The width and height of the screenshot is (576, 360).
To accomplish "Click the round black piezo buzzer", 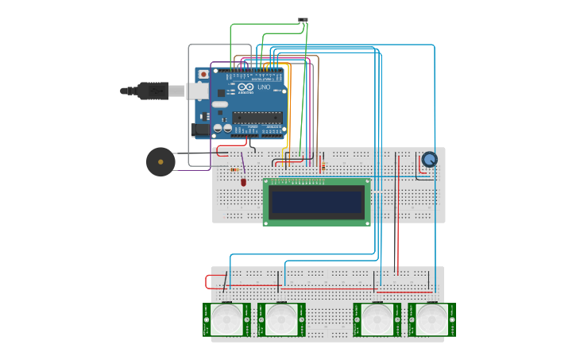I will pyautogui.click(x=160, y=162).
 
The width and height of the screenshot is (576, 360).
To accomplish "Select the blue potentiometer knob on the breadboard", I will pyautogui.click(x=429, y=160).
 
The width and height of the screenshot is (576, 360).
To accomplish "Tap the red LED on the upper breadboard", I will pyautogui.click(x=244, y=182).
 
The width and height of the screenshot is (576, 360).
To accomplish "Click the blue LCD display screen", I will pyautogui.click(x=316, y=202).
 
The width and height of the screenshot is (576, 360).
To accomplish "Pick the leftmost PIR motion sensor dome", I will pyautogui.click(x=226, y=320).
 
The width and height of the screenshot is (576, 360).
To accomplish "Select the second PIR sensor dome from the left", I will pyautogui.click(x=281, y=320).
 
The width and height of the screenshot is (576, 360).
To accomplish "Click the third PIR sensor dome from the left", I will pyautogui.click(x=377, y=320).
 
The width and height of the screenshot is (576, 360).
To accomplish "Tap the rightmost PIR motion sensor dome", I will pyautogui.click(x=432, y=320).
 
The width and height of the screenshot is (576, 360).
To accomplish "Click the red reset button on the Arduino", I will pyautogui.click(x=203, y=75).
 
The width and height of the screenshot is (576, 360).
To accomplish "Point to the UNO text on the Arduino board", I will pyautogui.click(x=264, y=87).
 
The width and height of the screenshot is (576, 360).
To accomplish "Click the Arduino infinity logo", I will pyautogui.click(x=245, y=87).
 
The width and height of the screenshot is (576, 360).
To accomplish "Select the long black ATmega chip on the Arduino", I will pyautogui.click(x=257, y=118).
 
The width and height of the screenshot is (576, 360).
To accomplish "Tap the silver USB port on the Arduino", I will pyautogui.click(x=199, y=91).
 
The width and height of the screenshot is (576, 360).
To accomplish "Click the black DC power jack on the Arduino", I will pyautogui.click(x=202, y=129).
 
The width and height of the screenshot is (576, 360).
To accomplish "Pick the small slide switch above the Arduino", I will pyautogui.click(x=303, y=20).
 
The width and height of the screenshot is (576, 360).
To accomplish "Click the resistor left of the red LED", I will pyautogui.click(x=234, y=170).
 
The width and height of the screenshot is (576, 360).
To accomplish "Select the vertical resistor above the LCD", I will pyautogui.click(x=322, y=167).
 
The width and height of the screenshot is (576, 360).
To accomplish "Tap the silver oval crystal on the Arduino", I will pyautogui.click(x=219, y=104).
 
